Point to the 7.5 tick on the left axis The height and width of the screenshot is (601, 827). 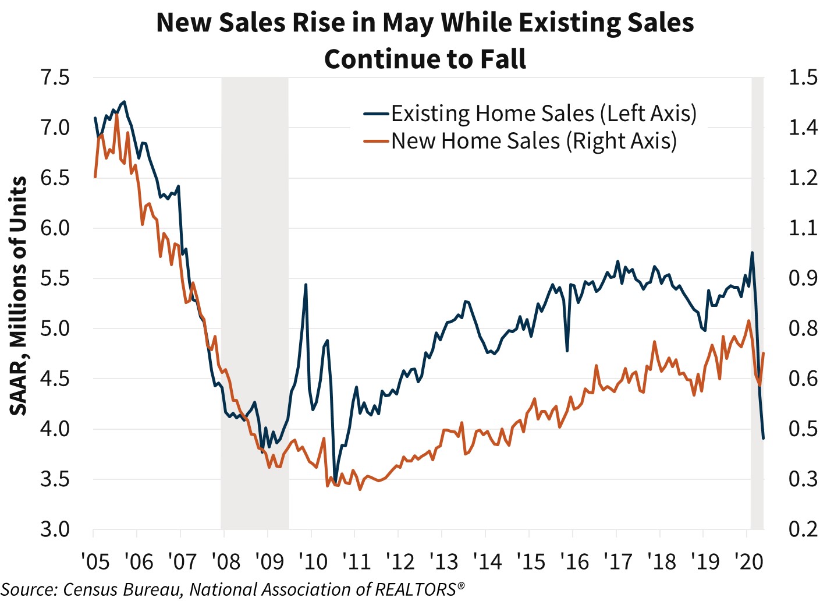coord(55,77)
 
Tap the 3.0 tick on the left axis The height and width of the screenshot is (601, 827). coord(55,529)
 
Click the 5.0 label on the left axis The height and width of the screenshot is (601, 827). coord(55,328)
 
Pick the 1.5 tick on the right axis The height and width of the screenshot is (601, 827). coord(803,77)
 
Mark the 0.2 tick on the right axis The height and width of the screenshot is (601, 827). coord(803,529)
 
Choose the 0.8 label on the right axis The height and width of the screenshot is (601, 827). coord(803,328)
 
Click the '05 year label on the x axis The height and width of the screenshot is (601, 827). coord(95,562)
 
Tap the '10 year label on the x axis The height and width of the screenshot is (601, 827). coord(313,562)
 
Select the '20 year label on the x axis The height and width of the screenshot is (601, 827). coord(748,562)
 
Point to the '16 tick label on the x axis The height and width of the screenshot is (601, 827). coord(574,562)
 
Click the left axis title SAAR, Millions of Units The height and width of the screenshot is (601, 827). coord(19,296)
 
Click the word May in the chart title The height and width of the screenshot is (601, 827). coord(410,23)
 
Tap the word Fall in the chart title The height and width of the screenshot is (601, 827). coord(503,59)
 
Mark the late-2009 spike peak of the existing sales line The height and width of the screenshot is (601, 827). coord(306,285)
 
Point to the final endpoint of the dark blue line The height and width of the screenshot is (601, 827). coord(763,438)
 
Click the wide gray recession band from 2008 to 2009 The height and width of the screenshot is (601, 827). coord(255,303)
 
